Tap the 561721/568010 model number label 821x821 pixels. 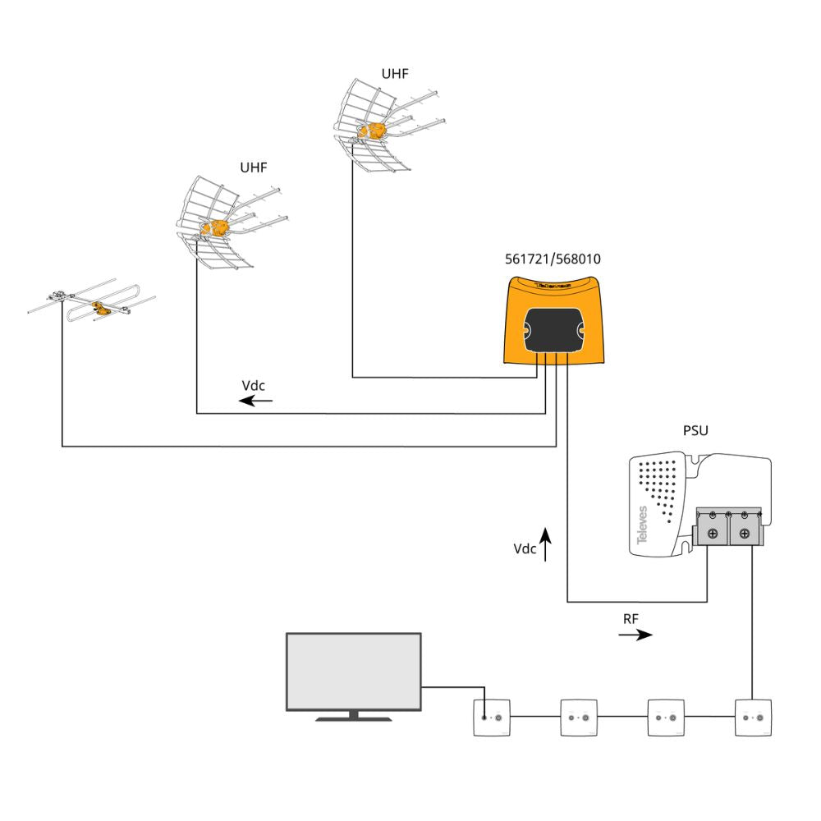[x=553, y=259]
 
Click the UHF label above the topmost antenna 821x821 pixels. [x=395, y=74]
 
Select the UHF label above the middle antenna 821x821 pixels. [x=254, y=167]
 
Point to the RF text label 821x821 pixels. [x=631, y=617]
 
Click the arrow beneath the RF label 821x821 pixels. [x=636, y=635]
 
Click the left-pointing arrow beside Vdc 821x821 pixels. [x=256, y=401]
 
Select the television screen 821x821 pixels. [x=353, y=671]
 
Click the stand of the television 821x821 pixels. [x=354, y=717]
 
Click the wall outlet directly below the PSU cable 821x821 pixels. [x=751, y=718]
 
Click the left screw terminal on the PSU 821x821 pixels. [x=712, y=534]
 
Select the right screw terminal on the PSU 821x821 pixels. [x=744, y=534]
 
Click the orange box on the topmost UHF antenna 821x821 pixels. [x=377, y=131]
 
